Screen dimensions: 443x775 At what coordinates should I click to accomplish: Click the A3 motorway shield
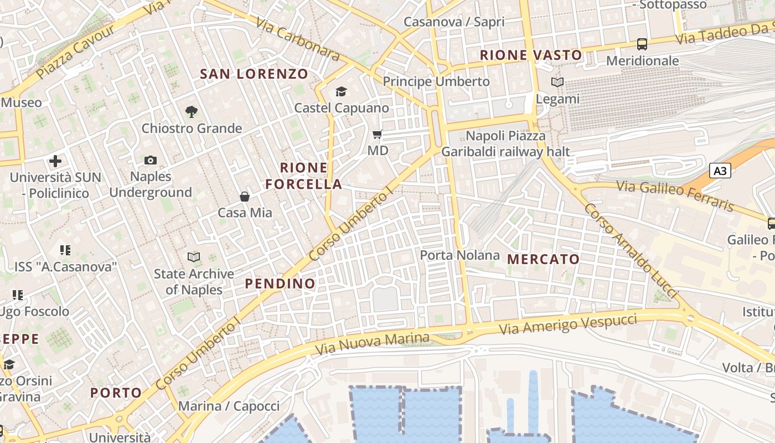[x=720, y=171]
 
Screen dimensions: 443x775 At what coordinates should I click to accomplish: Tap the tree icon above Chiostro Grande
[x=192, y=112]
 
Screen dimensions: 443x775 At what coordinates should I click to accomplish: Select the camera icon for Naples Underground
[x=150, y=161]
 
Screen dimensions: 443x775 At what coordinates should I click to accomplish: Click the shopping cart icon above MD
[x=378, y=134]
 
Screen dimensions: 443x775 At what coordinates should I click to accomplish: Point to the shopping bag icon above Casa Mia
[x=244, y=197]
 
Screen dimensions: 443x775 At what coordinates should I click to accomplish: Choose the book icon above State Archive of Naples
[x=193, y=257]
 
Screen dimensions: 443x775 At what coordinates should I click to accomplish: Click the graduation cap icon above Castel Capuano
[x=341, y=91]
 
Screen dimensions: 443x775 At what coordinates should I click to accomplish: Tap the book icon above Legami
[x=557, y=83]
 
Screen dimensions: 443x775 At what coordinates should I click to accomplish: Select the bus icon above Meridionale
[x=642, y=44]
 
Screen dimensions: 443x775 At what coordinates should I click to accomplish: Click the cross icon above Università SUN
[x=55, y=161]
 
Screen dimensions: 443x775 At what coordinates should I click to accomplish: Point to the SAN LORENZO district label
[x=254, y=74]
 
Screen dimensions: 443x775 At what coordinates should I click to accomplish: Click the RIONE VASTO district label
[x=531, y=55]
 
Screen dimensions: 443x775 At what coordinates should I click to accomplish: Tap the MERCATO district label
[x=543, y=259]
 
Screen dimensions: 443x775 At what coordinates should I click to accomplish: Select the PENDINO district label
[x=280, y=284]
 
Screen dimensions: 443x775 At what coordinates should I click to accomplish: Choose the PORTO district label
[x=116, y=393]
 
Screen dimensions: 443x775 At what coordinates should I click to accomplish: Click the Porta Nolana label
[x=459, y=255]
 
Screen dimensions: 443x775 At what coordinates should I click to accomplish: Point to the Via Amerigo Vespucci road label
[x=568, y=323]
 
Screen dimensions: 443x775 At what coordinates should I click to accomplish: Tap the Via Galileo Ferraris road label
[x=675, y=195]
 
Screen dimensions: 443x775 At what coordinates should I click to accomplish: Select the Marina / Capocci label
[x=229, y=406]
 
